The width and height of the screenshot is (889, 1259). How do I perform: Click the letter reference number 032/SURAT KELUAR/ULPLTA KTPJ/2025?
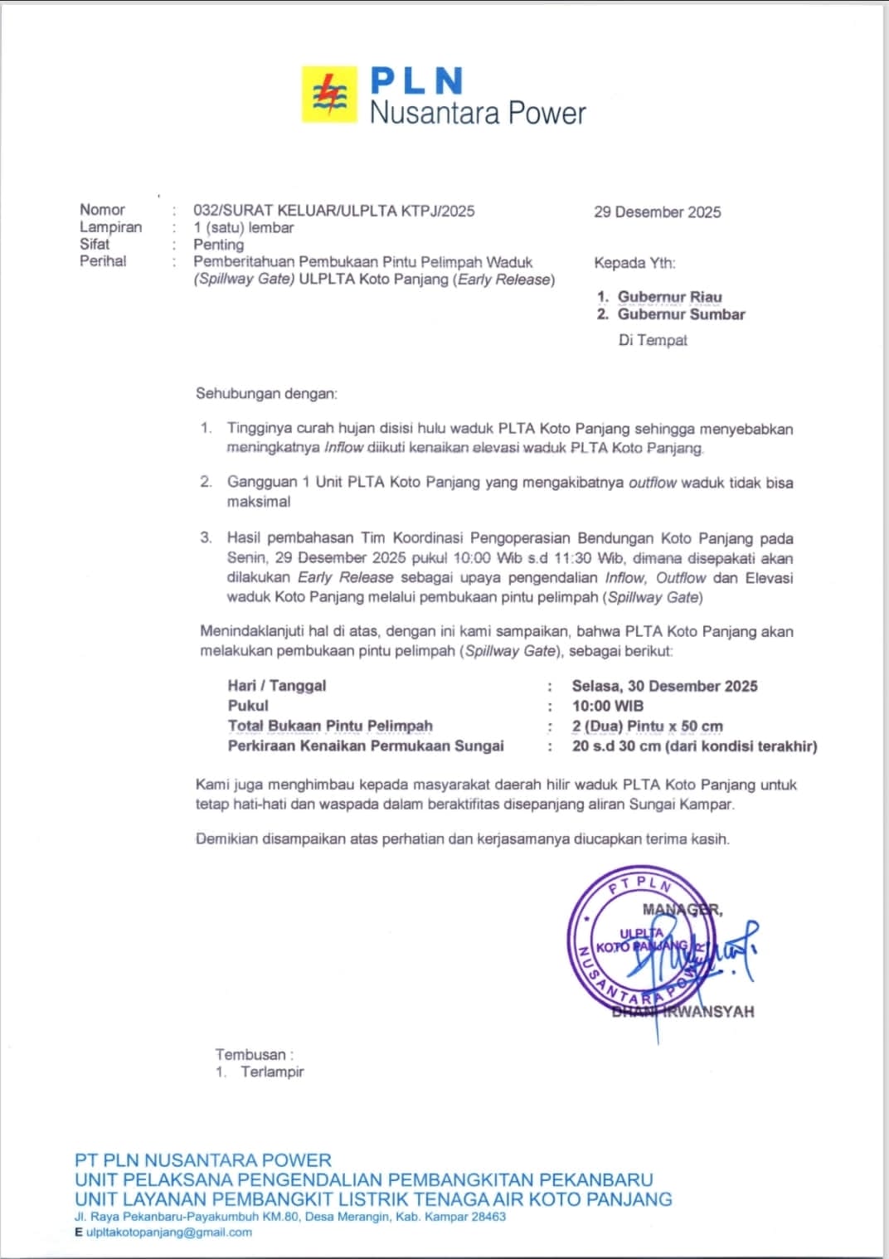coord(333,211)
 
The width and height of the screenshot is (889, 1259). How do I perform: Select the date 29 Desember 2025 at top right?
coord(657,212)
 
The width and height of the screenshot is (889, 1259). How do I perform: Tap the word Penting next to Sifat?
coord(218,245)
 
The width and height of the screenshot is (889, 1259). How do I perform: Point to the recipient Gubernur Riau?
coord(669,297)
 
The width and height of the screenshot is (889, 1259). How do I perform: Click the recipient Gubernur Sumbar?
coord(681,314)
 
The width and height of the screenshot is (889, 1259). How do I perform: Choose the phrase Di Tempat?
coord(652,340)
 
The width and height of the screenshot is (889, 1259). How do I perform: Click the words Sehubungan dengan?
coord(266,393)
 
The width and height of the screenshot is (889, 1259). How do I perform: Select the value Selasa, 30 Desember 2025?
coord(664,686)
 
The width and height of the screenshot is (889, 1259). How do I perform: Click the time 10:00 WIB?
coord(607,706)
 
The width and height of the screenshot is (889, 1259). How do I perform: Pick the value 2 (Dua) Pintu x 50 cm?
coord(647,727)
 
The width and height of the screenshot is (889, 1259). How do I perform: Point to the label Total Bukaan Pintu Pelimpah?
coord(330,727)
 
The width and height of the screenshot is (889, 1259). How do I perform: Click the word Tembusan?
coord(250,1055)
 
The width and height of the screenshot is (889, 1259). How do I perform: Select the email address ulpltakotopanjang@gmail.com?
coord(169,1232)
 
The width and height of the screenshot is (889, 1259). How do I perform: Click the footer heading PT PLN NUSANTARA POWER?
coord(203,1160)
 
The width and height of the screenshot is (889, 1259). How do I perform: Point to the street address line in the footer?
coord(290,1217)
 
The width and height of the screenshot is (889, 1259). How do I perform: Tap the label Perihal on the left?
coord(103,261)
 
